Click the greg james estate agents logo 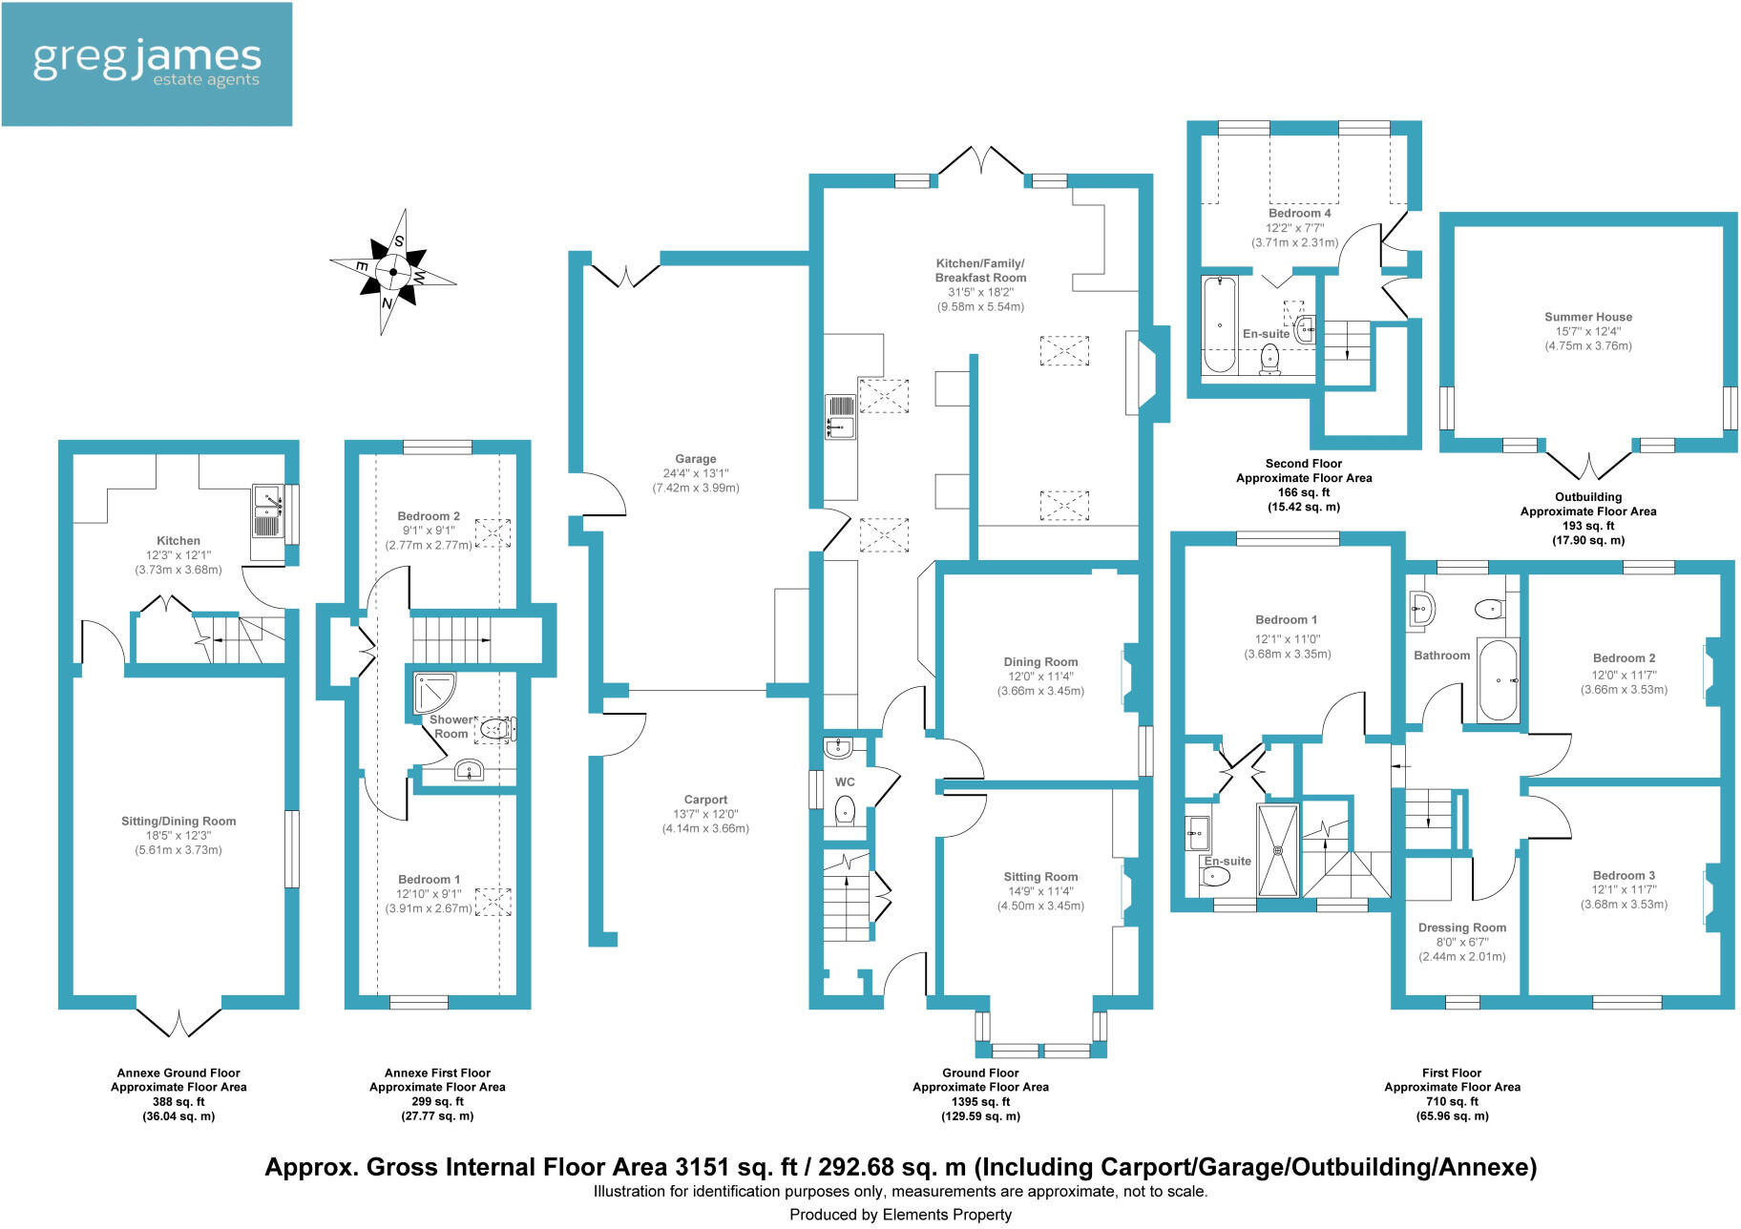(146, 64)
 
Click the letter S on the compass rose (399, 241)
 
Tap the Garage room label (695, 459)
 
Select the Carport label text (705, 800)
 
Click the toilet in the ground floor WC (845, 811)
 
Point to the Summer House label (1588, 317)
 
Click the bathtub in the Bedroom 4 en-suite (1219, 324)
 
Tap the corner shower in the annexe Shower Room (432, 693)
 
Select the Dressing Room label (1461, 927)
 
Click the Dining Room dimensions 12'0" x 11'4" (1040, 677)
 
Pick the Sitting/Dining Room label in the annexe (178, 821)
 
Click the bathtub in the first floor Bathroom (1498, 679)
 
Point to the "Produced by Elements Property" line (900, 1215)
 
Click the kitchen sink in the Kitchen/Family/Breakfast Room (841, 417)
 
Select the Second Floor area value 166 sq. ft (1304, 492)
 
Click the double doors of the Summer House (1588, 467)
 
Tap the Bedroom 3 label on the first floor (1624, 875)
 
